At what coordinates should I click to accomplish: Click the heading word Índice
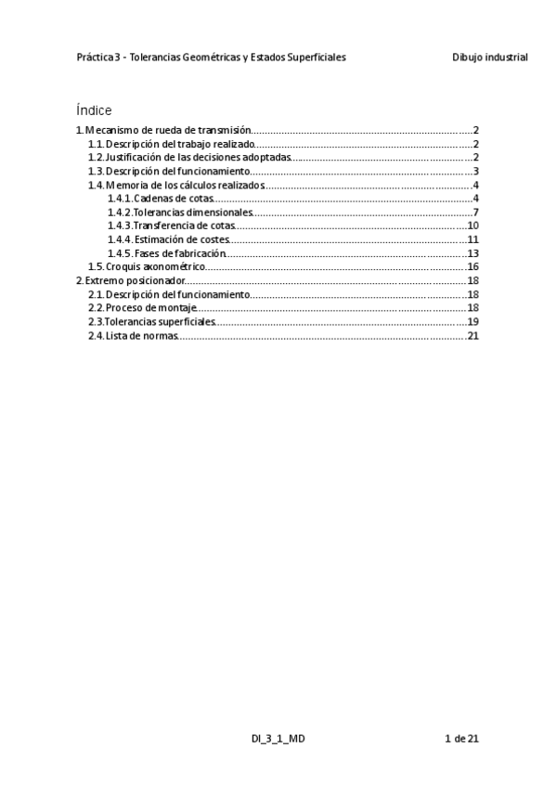(x=94, y=110)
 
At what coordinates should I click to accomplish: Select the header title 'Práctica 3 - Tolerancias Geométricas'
(x=212, y=57)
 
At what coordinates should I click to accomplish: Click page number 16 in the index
(x=472, y=266)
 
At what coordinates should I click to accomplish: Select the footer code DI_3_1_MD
(x=277, y=739)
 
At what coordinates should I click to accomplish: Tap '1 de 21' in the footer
(x=461, y=739)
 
